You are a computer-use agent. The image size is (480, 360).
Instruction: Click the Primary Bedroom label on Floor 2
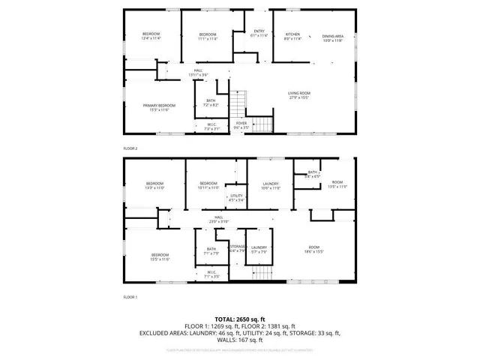click(159, 107)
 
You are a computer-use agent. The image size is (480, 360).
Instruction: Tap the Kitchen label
click(292, 35)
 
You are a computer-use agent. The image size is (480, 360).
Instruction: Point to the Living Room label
click(299, 94)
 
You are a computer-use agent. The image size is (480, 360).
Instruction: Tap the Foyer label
click(241, 125)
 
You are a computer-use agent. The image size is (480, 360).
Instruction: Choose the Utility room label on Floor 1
click(236, 198)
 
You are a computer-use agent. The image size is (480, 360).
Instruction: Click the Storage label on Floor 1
click(238, 248)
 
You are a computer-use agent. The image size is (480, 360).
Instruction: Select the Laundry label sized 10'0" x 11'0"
click(270, 185)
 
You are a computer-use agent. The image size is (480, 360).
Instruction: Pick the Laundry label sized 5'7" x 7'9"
click(259, 249)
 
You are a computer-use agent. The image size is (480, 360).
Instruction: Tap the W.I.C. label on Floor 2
click(211, 127)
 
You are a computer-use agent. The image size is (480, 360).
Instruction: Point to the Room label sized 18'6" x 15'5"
click(313, 250)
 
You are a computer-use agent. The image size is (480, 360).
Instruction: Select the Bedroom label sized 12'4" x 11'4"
click(152, 37)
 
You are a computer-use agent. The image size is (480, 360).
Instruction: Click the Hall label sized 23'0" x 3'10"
click(218, 219)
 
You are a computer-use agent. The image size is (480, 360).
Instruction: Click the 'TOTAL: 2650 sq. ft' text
click(239, 319)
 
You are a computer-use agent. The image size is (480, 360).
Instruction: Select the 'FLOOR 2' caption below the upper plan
click(130, 148)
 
